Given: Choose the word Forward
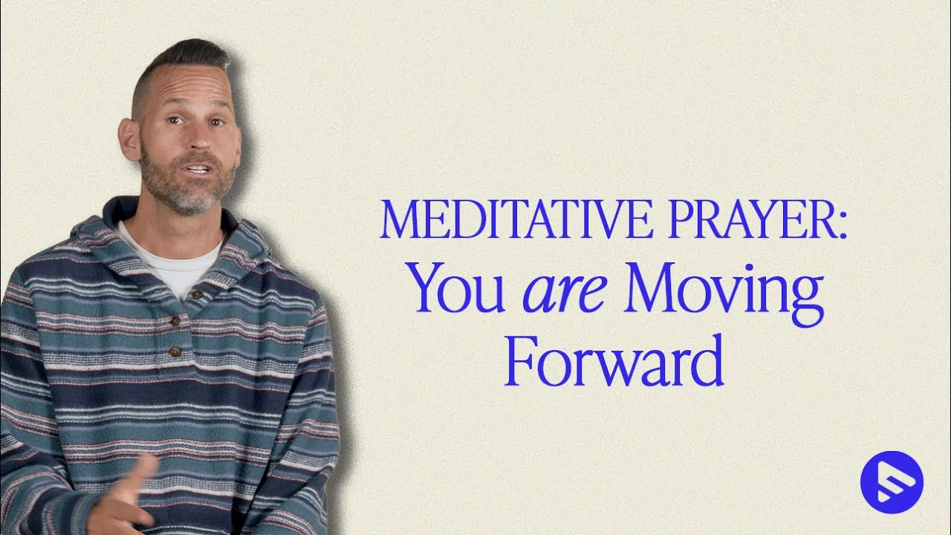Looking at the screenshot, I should click(x=614, y=360).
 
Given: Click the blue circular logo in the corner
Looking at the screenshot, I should click(x=892, y=482).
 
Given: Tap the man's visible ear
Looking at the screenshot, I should click(x=131, y=139).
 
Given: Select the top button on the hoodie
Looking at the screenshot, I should click(x=197, y=296).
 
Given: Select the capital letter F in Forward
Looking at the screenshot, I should click(x=518, y=360).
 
